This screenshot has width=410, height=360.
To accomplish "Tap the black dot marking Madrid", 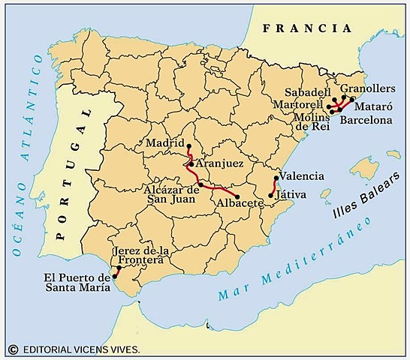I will [x=188, y=146].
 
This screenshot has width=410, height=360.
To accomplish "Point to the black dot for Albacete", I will [x=238, y=196].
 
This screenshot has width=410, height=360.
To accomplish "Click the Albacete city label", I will [x=238, y=203].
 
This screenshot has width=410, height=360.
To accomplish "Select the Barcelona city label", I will [x=366, y=119].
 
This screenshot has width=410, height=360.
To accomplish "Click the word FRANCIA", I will [x=307, y=29].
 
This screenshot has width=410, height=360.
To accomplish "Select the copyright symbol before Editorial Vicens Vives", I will [x=13, y=349].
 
